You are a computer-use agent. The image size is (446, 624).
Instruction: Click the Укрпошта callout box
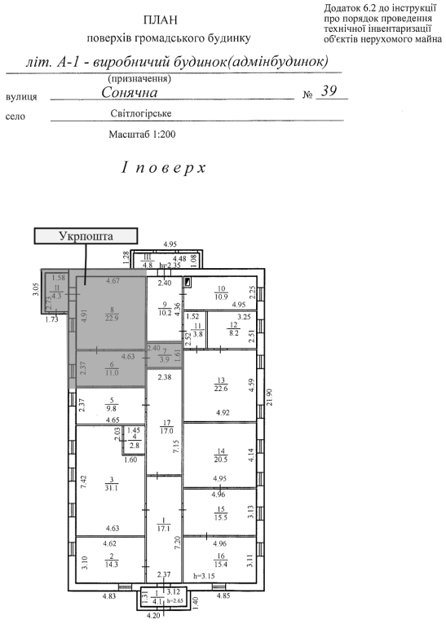pyautogui.click(x=86, y=236)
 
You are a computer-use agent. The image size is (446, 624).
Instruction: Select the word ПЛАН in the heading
pyautogui.click(x=160, y=20)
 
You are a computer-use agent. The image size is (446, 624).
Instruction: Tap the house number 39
pyautogui.click(x=329, y=91)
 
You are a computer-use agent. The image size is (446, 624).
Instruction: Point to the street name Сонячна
pyautogui.click(x=130, y=92)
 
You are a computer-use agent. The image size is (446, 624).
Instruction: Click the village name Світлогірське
pyautogui.click(x=141, y=113)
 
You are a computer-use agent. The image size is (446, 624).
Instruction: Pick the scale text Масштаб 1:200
pyautogui.click(x=142, y=134)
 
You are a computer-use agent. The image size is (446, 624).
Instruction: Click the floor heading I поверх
pyautogui.click(x=164, y=168)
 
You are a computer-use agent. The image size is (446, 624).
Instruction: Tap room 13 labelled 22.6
pyautogui.click(x=221, y=385)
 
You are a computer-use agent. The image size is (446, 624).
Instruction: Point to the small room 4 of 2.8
pyautogui.click(x=135, y=442)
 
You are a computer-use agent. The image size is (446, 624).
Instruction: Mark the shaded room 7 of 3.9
pyautogui.click(x=164, y=355)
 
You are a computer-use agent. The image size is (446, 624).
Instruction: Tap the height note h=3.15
pyautogui.click(x=204, y=576)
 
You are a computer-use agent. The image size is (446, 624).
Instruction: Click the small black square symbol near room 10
pyautogui.click(x=188, y=282)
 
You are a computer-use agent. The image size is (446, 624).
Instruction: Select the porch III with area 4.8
pyautogui.click(x=148, y=261)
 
